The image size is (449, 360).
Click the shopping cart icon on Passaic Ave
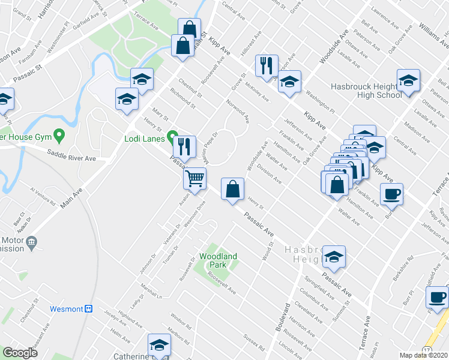(x=194, y=178)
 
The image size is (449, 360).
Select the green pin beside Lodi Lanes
(x=173, y=136)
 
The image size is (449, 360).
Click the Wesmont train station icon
(x=88, y=309)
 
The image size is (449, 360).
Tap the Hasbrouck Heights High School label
(x=366, y=91)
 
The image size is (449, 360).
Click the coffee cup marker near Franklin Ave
(x=391, y=194)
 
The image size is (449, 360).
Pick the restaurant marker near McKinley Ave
(x=266, y=65)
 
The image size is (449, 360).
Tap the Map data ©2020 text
(x=423, y=355)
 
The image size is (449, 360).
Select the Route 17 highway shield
(x=427, y=349)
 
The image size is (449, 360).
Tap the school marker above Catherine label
(x=159, y=345)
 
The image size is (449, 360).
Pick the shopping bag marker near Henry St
(x=232, y=190)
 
